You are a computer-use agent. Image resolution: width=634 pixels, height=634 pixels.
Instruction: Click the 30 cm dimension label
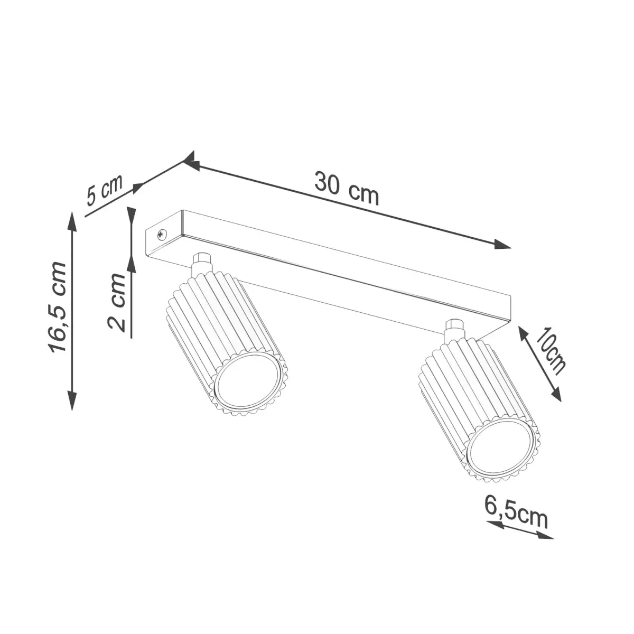[x=347, y=188]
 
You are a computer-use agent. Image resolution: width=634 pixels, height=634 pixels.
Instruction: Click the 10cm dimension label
[x=549, y=351]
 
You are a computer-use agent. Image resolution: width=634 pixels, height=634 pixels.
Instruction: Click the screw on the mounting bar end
[x=162, y=234]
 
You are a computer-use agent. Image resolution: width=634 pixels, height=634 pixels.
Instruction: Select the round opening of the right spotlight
[x=502, y=458]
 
